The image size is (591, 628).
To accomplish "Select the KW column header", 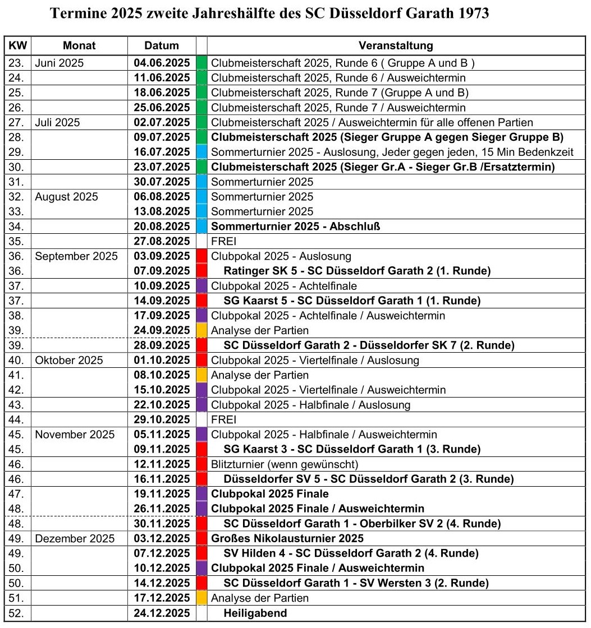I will (x=18, y=46).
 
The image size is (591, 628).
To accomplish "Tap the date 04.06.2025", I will (x=162, y=63).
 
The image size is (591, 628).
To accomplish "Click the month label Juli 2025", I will (x=57, y=122).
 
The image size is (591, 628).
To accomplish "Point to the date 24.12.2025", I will (x=162, y=613).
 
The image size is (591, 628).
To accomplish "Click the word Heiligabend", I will (x=255, y=613).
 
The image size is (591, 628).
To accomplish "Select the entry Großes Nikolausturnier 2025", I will (x=287, y=538).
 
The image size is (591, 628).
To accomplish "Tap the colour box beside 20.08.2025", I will (x=202, y=227).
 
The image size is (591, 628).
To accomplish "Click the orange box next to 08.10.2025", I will (x=202, y=375).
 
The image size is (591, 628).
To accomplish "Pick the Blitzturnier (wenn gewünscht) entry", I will (x=284, y=464).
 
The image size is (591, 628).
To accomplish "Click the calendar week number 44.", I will (x=17, y=419).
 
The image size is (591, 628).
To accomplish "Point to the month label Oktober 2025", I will (x=69, y=360).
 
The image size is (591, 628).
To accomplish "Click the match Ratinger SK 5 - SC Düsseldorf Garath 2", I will (x=357, y=271).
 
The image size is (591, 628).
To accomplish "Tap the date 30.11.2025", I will (x=162, y=524).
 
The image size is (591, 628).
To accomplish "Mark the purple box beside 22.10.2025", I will (x=202, y=405).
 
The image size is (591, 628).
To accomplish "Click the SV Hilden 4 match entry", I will (x=351, y=553).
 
